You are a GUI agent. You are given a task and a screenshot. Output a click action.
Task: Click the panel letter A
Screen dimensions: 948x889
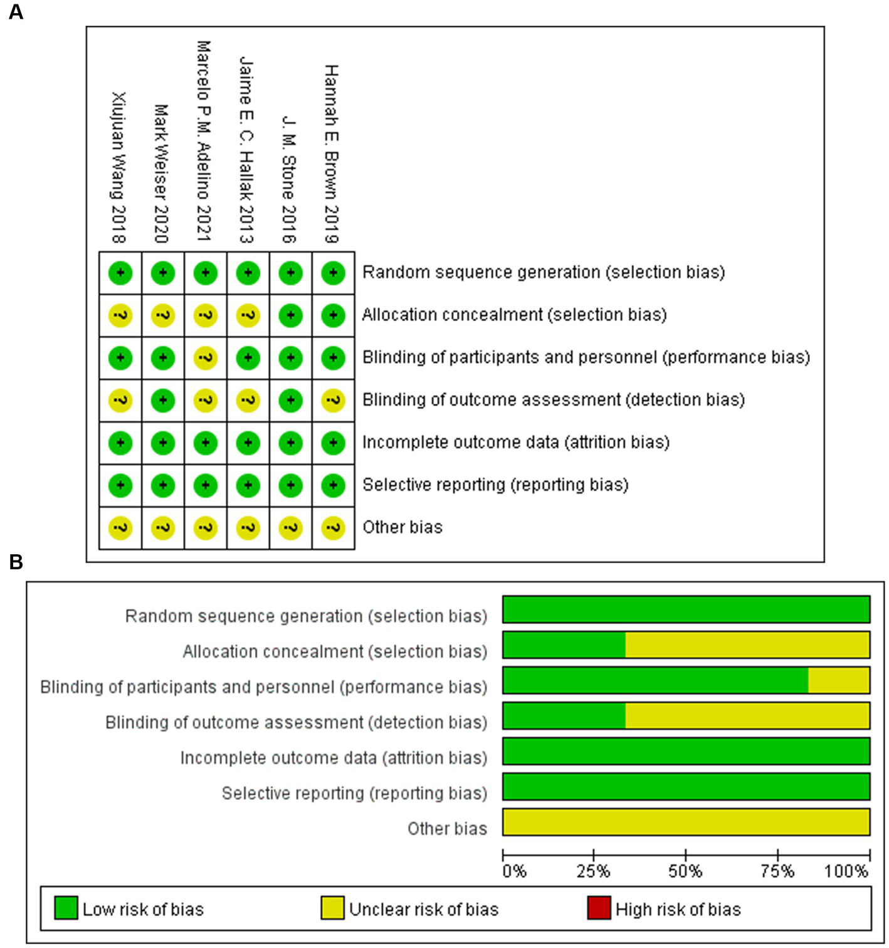(x=16, y=11)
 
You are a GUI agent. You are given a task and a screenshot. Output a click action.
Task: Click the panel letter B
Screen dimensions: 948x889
(x=16, y=561)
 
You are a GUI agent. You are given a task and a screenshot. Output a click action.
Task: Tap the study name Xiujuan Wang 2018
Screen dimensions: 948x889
(x=118, y=167)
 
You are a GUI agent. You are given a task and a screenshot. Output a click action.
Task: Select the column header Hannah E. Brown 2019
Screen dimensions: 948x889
(x=331, y=154)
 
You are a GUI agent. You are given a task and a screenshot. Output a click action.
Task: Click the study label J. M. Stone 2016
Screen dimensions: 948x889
(x=288, y=179)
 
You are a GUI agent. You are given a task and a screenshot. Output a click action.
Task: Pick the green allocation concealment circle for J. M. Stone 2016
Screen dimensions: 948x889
(x=290, y=315)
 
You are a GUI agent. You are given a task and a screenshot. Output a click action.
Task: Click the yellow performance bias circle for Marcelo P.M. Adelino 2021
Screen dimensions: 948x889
(x=205, y=357)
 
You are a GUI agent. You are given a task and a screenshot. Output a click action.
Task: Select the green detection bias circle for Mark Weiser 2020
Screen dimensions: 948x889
(x=163, y=400)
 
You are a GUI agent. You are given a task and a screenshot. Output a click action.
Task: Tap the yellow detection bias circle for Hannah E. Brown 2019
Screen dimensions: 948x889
(x=333, y=400)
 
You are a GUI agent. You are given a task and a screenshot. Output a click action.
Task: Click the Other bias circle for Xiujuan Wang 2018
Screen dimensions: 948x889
(x=120, y=528)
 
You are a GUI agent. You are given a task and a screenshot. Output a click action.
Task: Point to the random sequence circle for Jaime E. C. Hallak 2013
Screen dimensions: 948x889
(x=248, y=273)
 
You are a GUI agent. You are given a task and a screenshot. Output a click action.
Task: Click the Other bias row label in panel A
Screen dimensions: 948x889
(x=402, y=527)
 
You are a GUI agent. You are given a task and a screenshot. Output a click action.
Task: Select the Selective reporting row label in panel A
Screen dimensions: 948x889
(x=495, y=485)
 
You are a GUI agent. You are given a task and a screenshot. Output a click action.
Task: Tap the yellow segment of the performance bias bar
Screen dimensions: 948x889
(x=838, y=680)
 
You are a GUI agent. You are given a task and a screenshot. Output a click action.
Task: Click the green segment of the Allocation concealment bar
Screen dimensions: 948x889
(x=564, y=645)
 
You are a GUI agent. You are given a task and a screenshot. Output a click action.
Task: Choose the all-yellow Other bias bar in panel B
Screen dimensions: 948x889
(x=686, y=822)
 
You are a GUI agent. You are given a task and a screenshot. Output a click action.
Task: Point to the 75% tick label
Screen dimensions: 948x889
(x=777, y=872)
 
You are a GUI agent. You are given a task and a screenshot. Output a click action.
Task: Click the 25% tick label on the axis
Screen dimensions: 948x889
(x=593, y=872)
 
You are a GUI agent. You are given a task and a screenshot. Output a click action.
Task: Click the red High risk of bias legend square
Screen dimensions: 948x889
(x=599, y=908)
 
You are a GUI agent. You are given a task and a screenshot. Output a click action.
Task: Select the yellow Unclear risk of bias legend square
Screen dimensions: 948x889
(x=332, y=908)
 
